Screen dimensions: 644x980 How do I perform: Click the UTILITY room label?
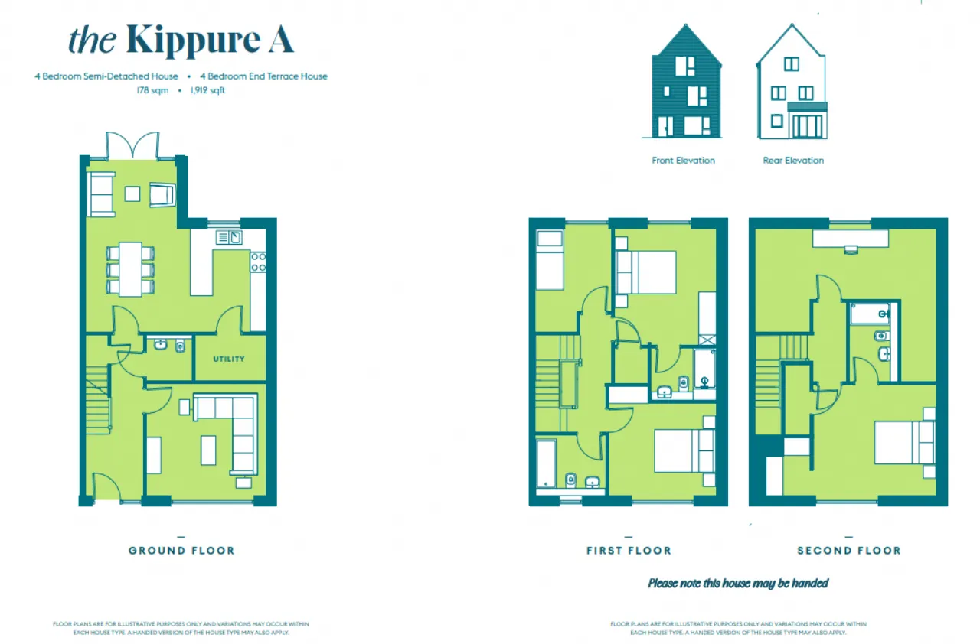click(x=229, y=359)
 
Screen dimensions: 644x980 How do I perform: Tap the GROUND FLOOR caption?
click(x=181, y=551)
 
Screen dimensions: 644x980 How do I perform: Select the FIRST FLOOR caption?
click(x=629, y=551)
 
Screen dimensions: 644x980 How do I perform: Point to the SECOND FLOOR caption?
click(x=848, y=551)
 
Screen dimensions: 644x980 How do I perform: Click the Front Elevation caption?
click(x=683, y=161)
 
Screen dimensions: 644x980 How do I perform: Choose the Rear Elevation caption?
click(x=793, y=161)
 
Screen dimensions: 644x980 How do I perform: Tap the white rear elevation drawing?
click(x=792, y=84)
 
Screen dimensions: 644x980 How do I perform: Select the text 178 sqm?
click(x=152, y=90)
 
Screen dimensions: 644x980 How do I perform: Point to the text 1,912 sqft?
click(x=207, y=90)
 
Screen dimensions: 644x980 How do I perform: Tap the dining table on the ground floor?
click(x=130, y=268)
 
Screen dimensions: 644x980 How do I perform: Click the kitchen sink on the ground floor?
click(x=230, y=237)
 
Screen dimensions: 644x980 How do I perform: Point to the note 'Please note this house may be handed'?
click(x=738, y=584)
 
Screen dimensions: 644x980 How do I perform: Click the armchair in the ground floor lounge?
click(x=163, y=195)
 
